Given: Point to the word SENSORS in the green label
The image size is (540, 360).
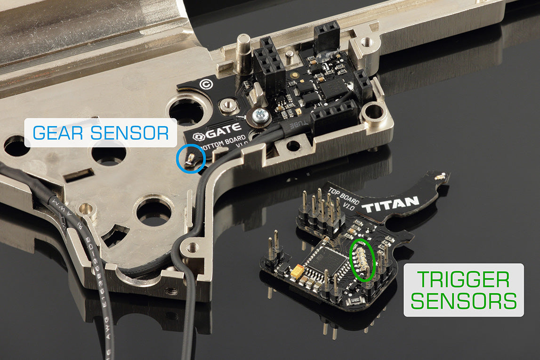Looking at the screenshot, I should [464, 301].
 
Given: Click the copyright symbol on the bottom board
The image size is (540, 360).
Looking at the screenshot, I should [206, 85].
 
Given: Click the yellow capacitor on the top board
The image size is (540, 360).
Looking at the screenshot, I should [298, 272].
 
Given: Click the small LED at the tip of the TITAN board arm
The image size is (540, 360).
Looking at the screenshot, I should [441, 177].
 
